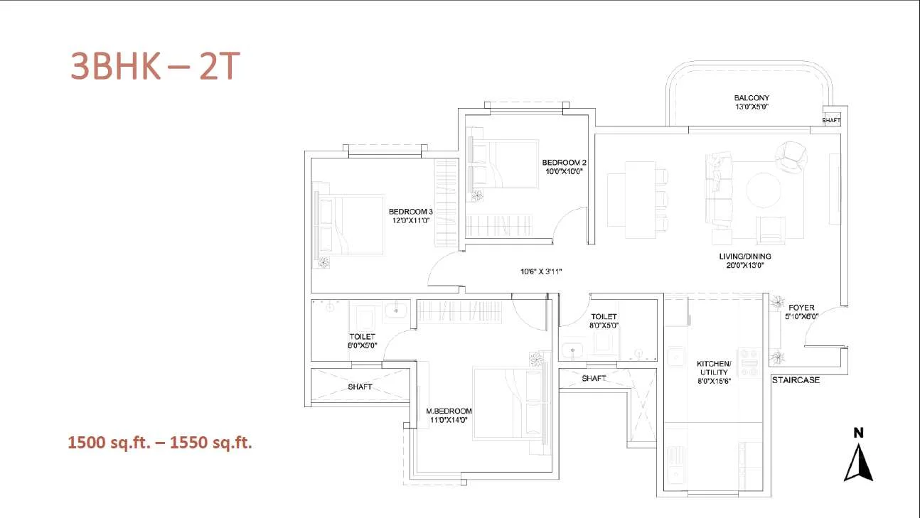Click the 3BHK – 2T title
point(153,66)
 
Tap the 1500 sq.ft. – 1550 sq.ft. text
point(160,443)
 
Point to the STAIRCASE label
point(796,380)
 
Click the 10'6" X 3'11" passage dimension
point(541,271)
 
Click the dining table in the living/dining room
point(640,200)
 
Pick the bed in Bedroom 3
point(350,225)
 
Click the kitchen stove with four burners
point(749,362)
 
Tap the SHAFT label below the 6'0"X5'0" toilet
point(360,387)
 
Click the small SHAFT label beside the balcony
point(831,121)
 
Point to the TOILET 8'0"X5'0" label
point(604,320)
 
